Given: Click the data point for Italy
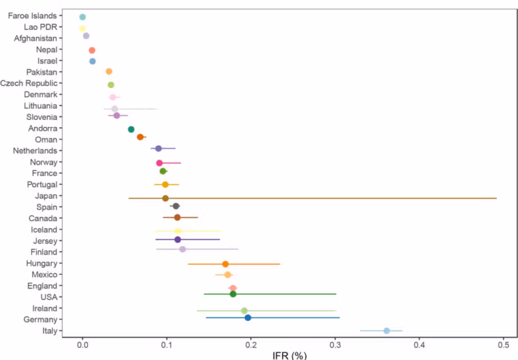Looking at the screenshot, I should click(387, 331).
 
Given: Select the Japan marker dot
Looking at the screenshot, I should click(165, 198).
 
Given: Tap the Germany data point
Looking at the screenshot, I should click(248, 318).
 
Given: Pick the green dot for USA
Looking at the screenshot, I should click(233, 294).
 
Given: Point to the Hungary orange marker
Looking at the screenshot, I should click(225, 264).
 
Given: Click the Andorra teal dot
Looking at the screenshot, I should click(131, 129).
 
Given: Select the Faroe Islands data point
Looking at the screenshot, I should click(82, 17).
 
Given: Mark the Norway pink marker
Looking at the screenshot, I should click(159, 163).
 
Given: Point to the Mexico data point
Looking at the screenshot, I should click(227, 275).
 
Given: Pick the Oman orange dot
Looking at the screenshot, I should click(140, 137).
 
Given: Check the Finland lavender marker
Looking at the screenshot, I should click(183, 249).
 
